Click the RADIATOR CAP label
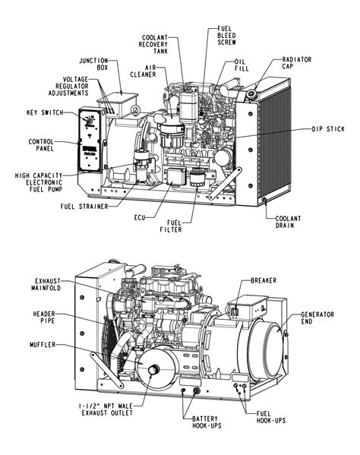(297, 63)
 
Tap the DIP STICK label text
(328, 129)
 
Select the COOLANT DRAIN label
(288, 222)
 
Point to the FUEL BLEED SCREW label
(226, 36)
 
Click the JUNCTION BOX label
(93, 64)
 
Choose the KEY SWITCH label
(45, 112)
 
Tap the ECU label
(140, 217)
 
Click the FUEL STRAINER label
(84, 207)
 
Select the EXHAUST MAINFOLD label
(46, 285)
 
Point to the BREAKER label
(264, 280)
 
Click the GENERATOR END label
(317, 318)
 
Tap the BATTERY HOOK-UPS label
(207, 422)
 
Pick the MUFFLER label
(43, 345)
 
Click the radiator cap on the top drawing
(251, 93)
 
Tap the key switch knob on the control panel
(89, 122)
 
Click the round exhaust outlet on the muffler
(153, 370)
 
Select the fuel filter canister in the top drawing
(197, 177)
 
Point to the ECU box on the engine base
(175, 175)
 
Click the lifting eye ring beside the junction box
(135, 109)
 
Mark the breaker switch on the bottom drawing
(235, 312)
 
